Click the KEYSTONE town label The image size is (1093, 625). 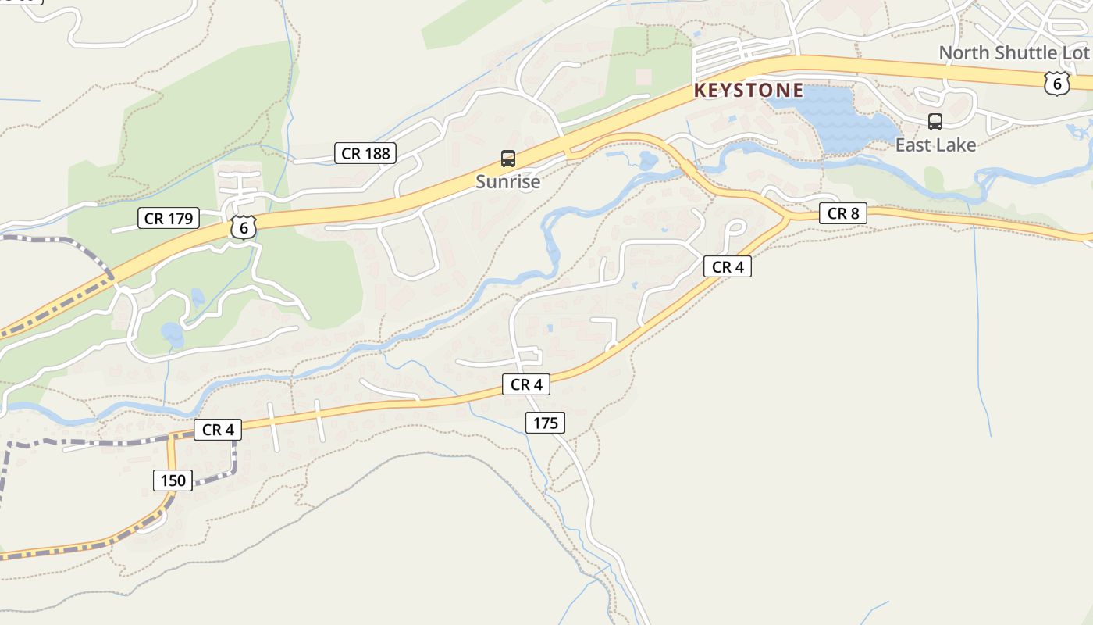(x=748, y=91)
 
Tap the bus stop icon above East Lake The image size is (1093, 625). (x=935, y=122)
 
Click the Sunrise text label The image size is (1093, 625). (x=507, y=182)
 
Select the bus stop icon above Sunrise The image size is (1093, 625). (x=507, y=159)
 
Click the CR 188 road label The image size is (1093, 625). (x=365, y=153)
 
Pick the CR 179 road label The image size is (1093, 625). (x=169, y=218)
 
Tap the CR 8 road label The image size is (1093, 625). (x=842, y=212)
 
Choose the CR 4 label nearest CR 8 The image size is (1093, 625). (x=727, y=266)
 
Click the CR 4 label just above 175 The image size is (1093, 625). (x=525, y=384)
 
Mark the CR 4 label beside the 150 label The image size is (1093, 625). (x=217, y=429)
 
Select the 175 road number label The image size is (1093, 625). (x=545, y=423)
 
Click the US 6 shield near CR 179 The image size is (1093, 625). (x=244, y=227)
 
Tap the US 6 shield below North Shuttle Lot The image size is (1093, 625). (x=1056, y=83)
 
